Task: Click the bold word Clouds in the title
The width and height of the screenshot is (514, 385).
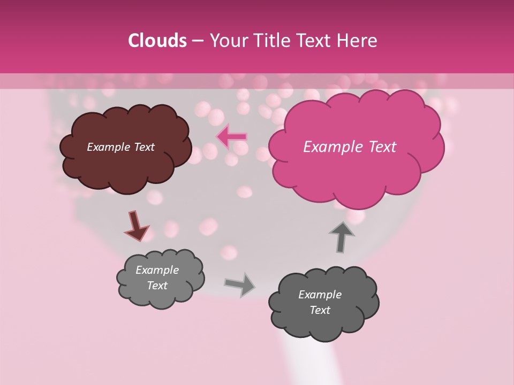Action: click(157, 41)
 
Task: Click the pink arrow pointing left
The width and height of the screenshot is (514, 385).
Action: click(231, 137)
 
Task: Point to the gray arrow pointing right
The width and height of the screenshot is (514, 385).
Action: click(240, 284)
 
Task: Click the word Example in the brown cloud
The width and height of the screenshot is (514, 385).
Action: click(108, 147)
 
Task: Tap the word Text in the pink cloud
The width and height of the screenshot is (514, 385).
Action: click(377, 147)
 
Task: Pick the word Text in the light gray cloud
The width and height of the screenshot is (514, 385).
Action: click(157, 286)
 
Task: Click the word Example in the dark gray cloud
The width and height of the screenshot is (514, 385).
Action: click(320, 295)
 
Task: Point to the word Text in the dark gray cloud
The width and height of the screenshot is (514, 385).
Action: click(320, 310)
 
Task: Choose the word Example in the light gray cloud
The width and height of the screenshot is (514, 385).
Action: click(157, 270)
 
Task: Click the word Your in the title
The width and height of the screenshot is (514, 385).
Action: click(225, 41)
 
